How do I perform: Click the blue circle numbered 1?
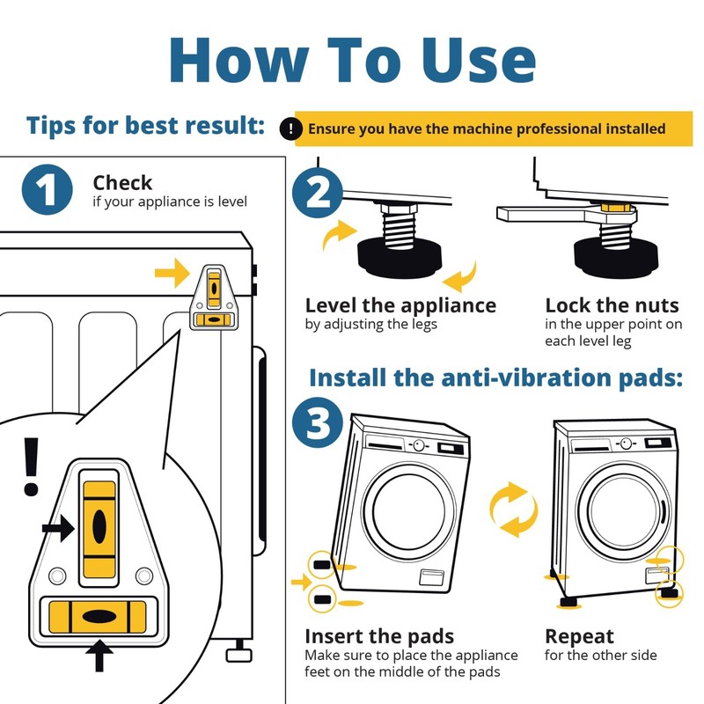48,189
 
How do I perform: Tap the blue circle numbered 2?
318,193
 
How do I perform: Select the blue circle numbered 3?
318,422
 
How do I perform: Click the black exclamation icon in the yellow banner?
290,128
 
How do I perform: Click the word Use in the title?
479,61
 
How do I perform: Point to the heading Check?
122,183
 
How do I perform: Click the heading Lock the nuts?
612,305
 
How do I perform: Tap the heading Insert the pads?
379,636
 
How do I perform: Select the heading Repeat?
579,636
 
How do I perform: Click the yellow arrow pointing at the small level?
172,273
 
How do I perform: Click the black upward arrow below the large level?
99,656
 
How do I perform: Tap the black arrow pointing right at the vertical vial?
58,528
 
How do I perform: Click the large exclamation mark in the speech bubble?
31,467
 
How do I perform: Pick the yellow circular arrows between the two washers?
513,510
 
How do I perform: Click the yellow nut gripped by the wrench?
615,208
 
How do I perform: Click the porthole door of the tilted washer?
409,512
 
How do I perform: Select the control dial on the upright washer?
627,444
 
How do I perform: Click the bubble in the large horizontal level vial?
99,617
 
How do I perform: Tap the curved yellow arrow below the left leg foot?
459,277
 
